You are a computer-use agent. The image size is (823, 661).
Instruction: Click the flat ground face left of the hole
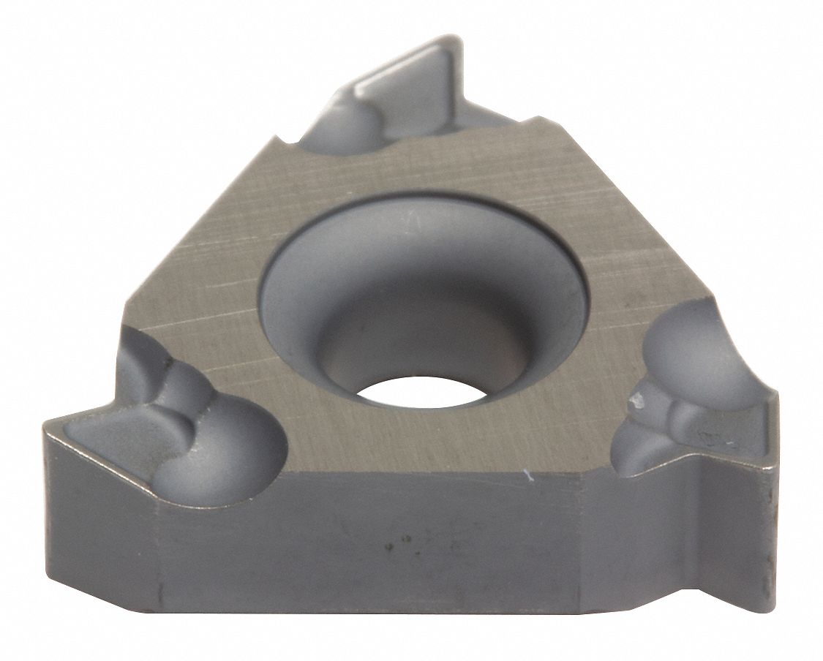205,292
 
